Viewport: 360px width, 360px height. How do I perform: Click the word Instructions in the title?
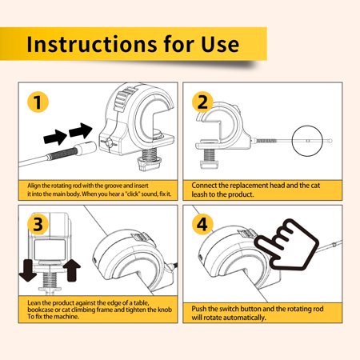(x=92, y=44)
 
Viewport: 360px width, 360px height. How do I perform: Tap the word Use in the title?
(x=220, y=44)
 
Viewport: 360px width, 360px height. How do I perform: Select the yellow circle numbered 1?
(x=38, y=102)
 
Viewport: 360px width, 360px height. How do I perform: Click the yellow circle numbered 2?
(x=202, y=102)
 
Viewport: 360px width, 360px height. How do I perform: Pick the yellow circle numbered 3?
(x=38, y=224)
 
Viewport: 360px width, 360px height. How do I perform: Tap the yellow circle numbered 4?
(x=202, y=224)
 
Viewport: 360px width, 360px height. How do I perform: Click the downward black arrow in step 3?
(x=28, y=270)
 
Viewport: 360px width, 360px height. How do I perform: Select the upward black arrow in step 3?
(x=72, y=270)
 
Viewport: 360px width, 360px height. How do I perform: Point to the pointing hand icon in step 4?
(x=286, y=244)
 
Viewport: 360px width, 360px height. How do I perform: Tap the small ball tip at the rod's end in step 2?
(x=330, y=141)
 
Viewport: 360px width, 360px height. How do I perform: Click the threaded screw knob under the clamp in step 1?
(x=150, y=159)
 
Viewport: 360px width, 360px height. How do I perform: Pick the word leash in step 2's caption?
(x=198, y=194)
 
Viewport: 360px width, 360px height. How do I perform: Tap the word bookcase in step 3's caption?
(x=40, y=310)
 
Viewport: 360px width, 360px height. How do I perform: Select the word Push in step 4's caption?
(x=198, y=309)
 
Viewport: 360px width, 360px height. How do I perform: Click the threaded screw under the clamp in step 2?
(x=209, y=158)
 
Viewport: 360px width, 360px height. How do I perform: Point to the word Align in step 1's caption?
(x=34, y=186)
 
